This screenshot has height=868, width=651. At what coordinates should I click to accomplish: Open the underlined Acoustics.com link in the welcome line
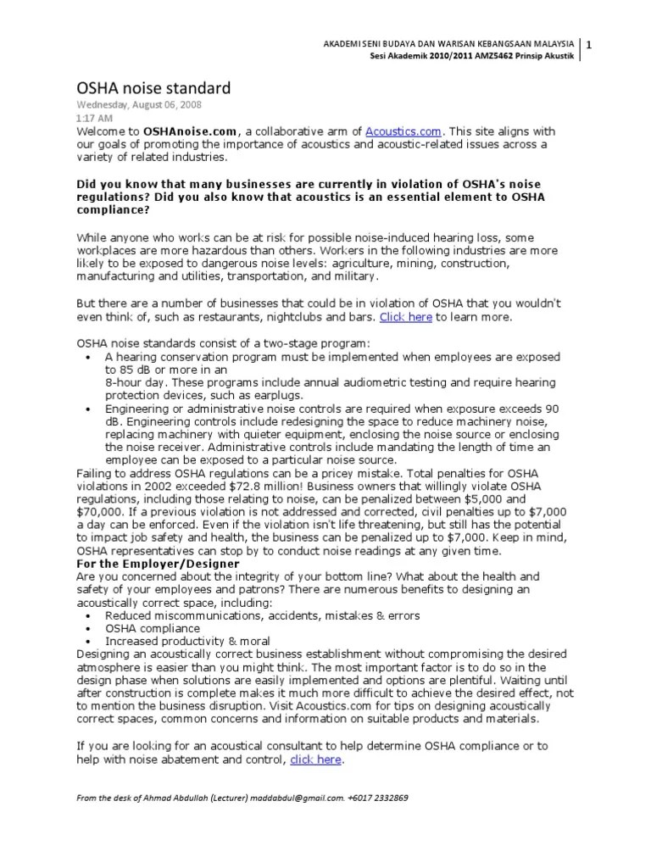click(x=403, y=131)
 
